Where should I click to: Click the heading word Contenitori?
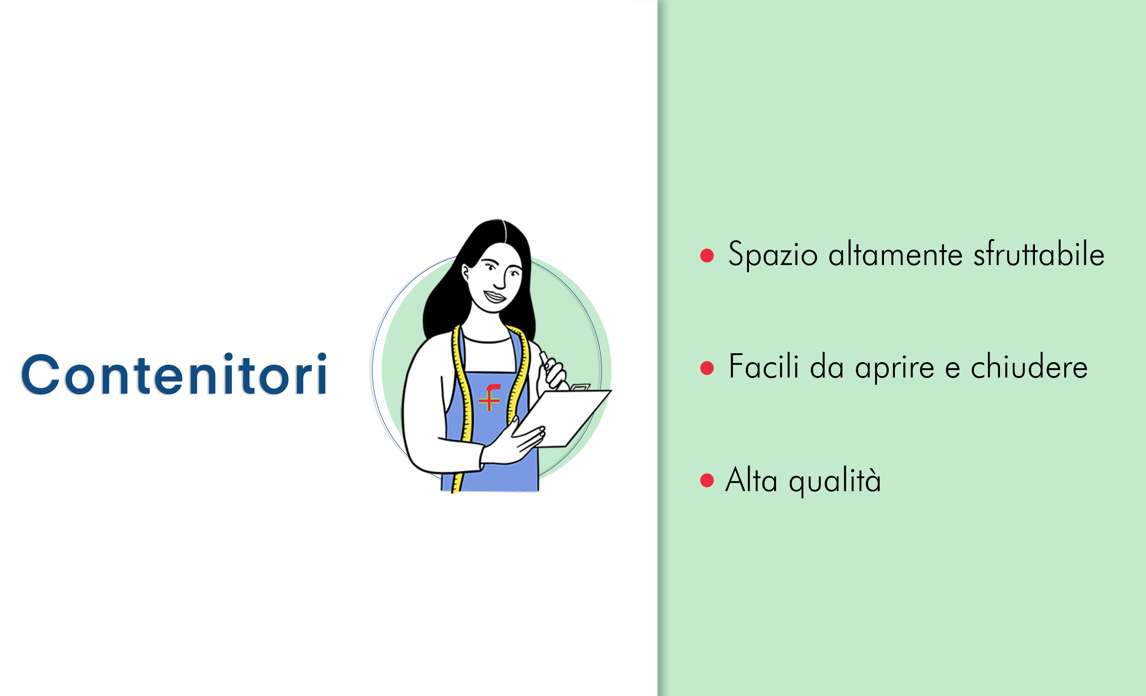(174, 374)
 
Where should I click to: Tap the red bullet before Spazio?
(707, 255)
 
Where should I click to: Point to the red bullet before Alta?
(707, 480)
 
